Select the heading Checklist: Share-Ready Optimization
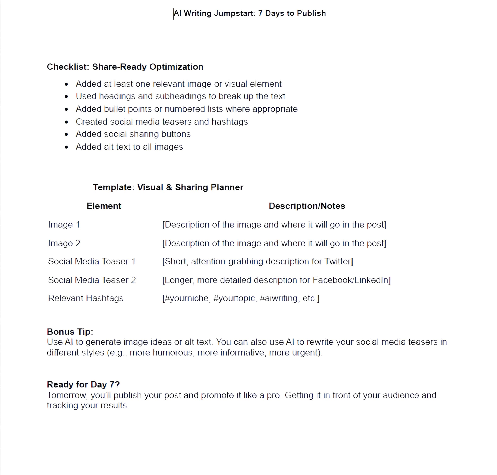click(x=125, y=67)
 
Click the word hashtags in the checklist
click(x=229, y=122)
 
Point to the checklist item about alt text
click(x=129, y=147)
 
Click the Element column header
click(x=104, y=206)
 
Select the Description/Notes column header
click(x=307, y=206)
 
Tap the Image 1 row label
click(x=64, y=225)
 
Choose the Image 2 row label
click(x=64, y=243)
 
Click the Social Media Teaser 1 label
click(x=92, y=261)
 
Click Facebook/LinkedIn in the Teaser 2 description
click(x=350, y=280)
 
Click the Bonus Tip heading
click(x=70, y=332)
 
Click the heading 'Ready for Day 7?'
click(x=83, y=385)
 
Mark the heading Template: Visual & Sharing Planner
click(x=168, y=187)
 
